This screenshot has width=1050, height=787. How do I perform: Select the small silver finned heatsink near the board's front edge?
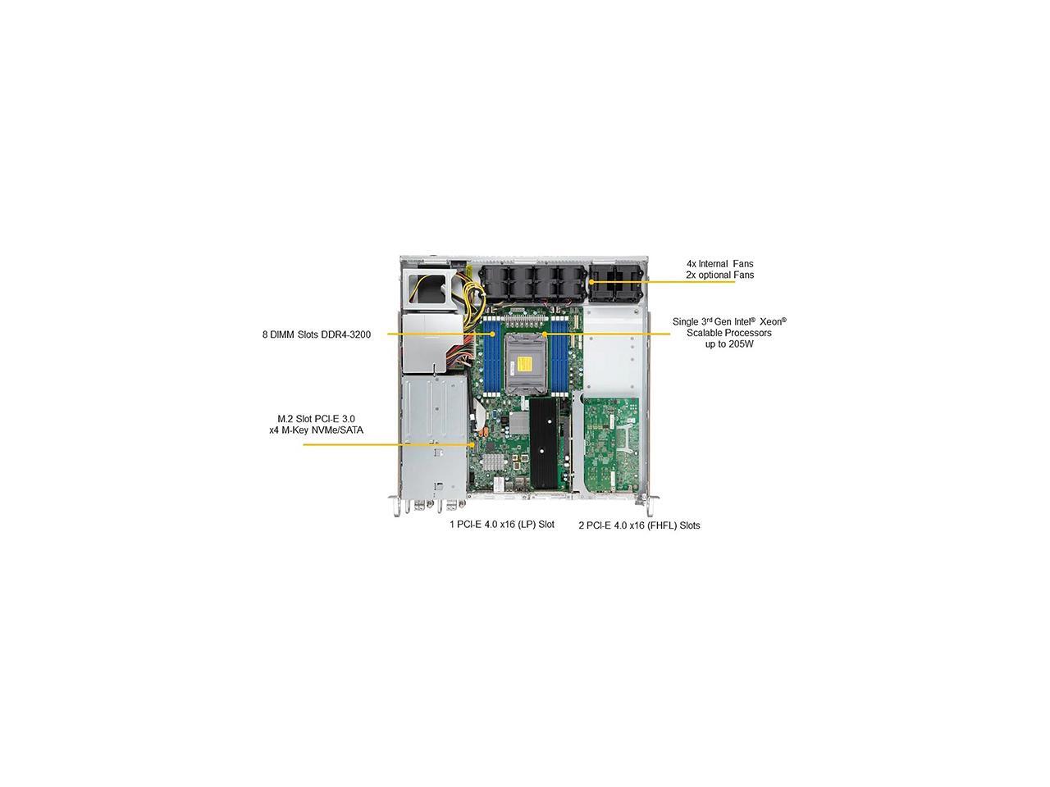coord(492,462)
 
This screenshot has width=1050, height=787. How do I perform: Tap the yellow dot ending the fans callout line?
coord(591,282)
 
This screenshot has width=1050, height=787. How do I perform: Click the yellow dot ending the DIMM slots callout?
coord(492,334)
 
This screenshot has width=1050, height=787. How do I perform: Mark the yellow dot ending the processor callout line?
coord(546,334)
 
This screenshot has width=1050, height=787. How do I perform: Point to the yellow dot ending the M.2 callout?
coord(473,445)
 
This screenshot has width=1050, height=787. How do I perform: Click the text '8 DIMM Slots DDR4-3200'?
coord(317,334)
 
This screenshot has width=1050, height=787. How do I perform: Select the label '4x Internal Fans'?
coord(719,264)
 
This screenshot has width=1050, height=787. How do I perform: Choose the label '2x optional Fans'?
coord(719,275)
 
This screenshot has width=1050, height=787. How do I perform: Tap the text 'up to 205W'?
coord(728,344)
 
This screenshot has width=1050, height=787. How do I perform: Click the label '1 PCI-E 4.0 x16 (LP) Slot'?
coord(501,524)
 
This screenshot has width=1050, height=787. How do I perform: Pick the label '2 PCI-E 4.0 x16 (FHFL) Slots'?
coord(639,525)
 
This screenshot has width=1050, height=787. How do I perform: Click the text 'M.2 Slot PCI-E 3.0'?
coord(316,418)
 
